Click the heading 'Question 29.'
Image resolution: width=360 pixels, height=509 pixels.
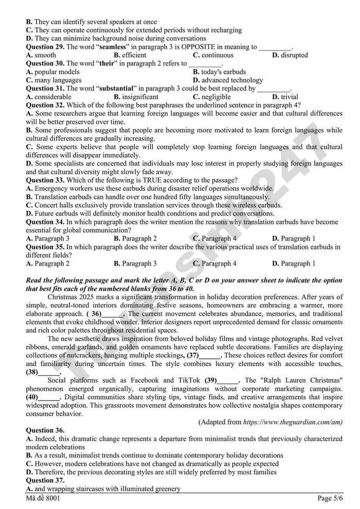point(45,47)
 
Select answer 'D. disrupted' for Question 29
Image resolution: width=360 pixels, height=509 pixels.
point(290,55)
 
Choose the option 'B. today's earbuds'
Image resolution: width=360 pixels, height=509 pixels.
point(219,72)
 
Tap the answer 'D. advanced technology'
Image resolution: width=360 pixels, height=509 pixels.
point(227,80)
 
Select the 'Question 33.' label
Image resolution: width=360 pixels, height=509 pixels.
point(45,180)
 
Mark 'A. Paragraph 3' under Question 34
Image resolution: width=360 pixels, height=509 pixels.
point(47,239)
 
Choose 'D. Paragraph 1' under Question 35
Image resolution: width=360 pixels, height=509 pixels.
point(294,264)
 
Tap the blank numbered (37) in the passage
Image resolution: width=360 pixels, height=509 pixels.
point(204,355)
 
